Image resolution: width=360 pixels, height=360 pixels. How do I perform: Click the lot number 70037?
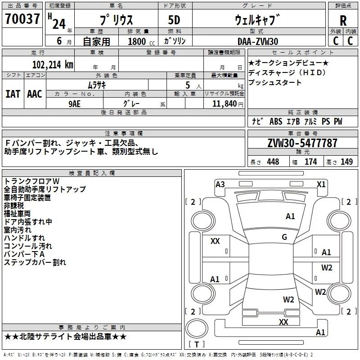coord(22,19)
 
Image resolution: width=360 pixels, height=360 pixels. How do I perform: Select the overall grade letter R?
coord(343,21)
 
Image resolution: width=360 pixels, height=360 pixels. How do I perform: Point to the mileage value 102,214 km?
coord(53,65)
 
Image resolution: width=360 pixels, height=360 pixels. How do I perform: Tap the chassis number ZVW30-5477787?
coord(302,143)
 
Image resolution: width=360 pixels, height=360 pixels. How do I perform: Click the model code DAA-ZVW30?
coord(258,41)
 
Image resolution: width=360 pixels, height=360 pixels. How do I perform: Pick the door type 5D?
coord(174,20)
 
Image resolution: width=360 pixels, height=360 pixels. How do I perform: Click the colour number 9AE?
coord(75,104)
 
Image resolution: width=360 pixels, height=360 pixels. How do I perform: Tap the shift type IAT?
coord(13,94)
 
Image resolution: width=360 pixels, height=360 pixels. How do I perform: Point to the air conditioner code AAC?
coord(35,94)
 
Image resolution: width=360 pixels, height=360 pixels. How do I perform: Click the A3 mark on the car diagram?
coord(220,184)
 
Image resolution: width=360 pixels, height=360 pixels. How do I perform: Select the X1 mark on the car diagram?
coord(321,184)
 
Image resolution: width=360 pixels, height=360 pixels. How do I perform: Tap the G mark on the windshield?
coord(284,237)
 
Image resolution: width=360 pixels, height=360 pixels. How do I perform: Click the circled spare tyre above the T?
coord(197,328)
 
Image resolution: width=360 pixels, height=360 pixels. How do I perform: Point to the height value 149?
coord(346,162)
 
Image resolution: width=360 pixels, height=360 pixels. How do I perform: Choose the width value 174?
coord(310,162)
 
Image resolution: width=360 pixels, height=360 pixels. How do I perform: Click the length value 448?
coord(273,162)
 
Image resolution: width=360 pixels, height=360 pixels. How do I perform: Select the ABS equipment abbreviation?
coord(276,121)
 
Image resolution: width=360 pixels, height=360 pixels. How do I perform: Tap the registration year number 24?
coord(59,24)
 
